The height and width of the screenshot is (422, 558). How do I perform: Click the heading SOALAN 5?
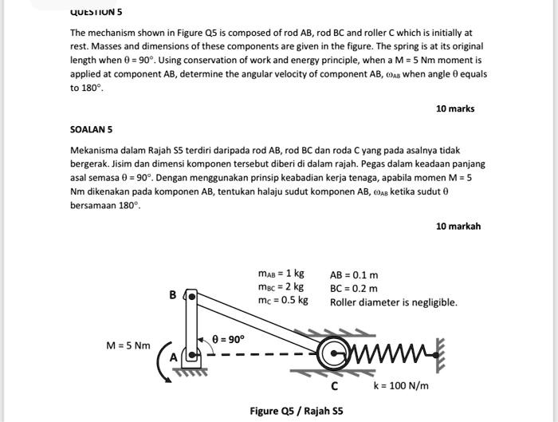(x=92, y=128)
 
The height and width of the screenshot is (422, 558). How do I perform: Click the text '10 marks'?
(x=455, y=108)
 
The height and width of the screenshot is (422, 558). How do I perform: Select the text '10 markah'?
(x=458, y=226)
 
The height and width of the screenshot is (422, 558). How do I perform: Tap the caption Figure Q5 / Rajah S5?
(x=296, y=411)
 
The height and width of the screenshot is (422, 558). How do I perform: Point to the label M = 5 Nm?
(x=128, y=345)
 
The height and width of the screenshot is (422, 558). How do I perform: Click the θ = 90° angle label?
(x=227, y=338)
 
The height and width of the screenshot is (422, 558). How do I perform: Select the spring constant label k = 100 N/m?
(x=401, y=386)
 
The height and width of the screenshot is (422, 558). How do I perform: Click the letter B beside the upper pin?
(x=173, y=295)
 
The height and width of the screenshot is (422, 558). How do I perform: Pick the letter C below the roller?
(x=335, y=385)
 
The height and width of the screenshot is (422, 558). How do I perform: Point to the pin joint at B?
(x=191, y=297)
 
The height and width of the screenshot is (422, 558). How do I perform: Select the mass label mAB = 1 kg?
(x=281, y=274)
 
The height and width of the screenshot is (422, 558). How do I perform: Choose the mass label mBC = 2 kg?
(x=281, y=288)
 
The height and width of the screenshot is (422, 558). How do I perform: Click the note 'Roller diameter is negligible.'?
(x=393, y=302)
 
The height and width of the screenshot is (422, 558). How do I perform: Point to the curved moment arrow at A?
(x=163, y=363)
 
